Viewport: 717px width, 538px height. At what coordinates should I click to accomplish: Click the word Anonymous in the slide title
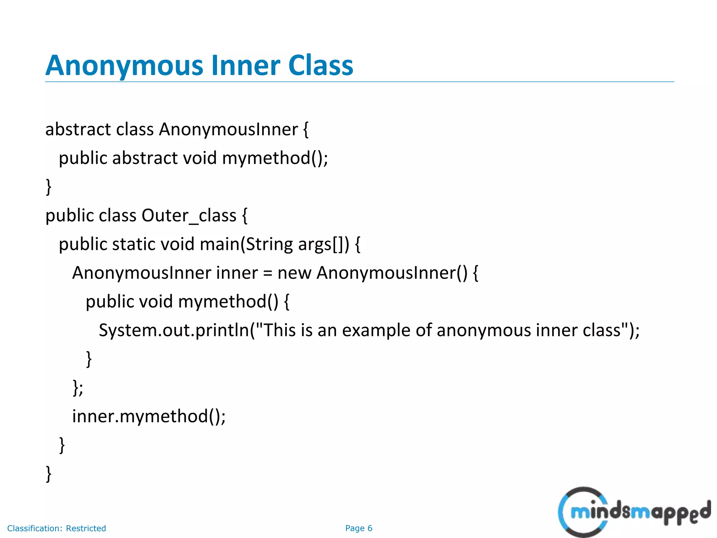pyautogui.click(x=124, y=65)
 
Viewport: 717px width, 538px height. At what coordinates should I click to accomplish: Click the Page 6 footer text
pyautogui.click(x=358, y=528)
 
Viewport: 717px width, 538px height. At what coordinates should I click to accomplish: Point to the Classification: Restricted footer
pyautogui.click(x=57, y=528)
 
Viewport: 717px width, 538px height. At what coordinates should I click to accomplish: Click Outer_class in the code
pyautogui.click(x=189, y=215)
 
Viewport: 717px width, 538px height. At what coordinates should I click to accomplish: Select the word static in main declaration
pyautogui.click(x=133, y=244)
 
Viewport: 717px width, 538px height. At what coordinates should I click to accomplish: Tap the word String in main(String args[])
pyautogui.click(x=269, y=244)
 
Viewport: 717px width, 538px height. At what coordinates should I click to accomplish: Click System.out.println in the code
pyautogui.click(x=174, y=330)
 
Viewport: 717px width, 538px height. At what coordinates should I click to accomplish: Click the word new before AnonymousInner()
pyautogui.click(x=294, y=273)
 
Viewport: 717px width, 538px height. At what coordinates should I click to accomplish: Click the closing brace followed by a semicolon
pyautogui.click(x=78, y=388)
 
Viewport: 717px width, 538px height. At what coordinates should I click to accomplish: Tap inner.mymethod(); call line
pyautogui.click(x=149, y=416)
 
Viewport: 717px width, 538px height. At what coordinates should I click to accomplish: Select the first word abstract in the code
pyautogui.click(x=78, y=129)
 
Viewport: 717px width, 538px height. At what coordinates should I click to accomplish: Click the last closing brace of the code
pyautogui.click(x=49, y=474)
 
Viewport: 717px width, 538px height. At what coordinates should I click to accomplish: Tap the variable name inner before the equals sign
pyautogui.click(x=237, y=273)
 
